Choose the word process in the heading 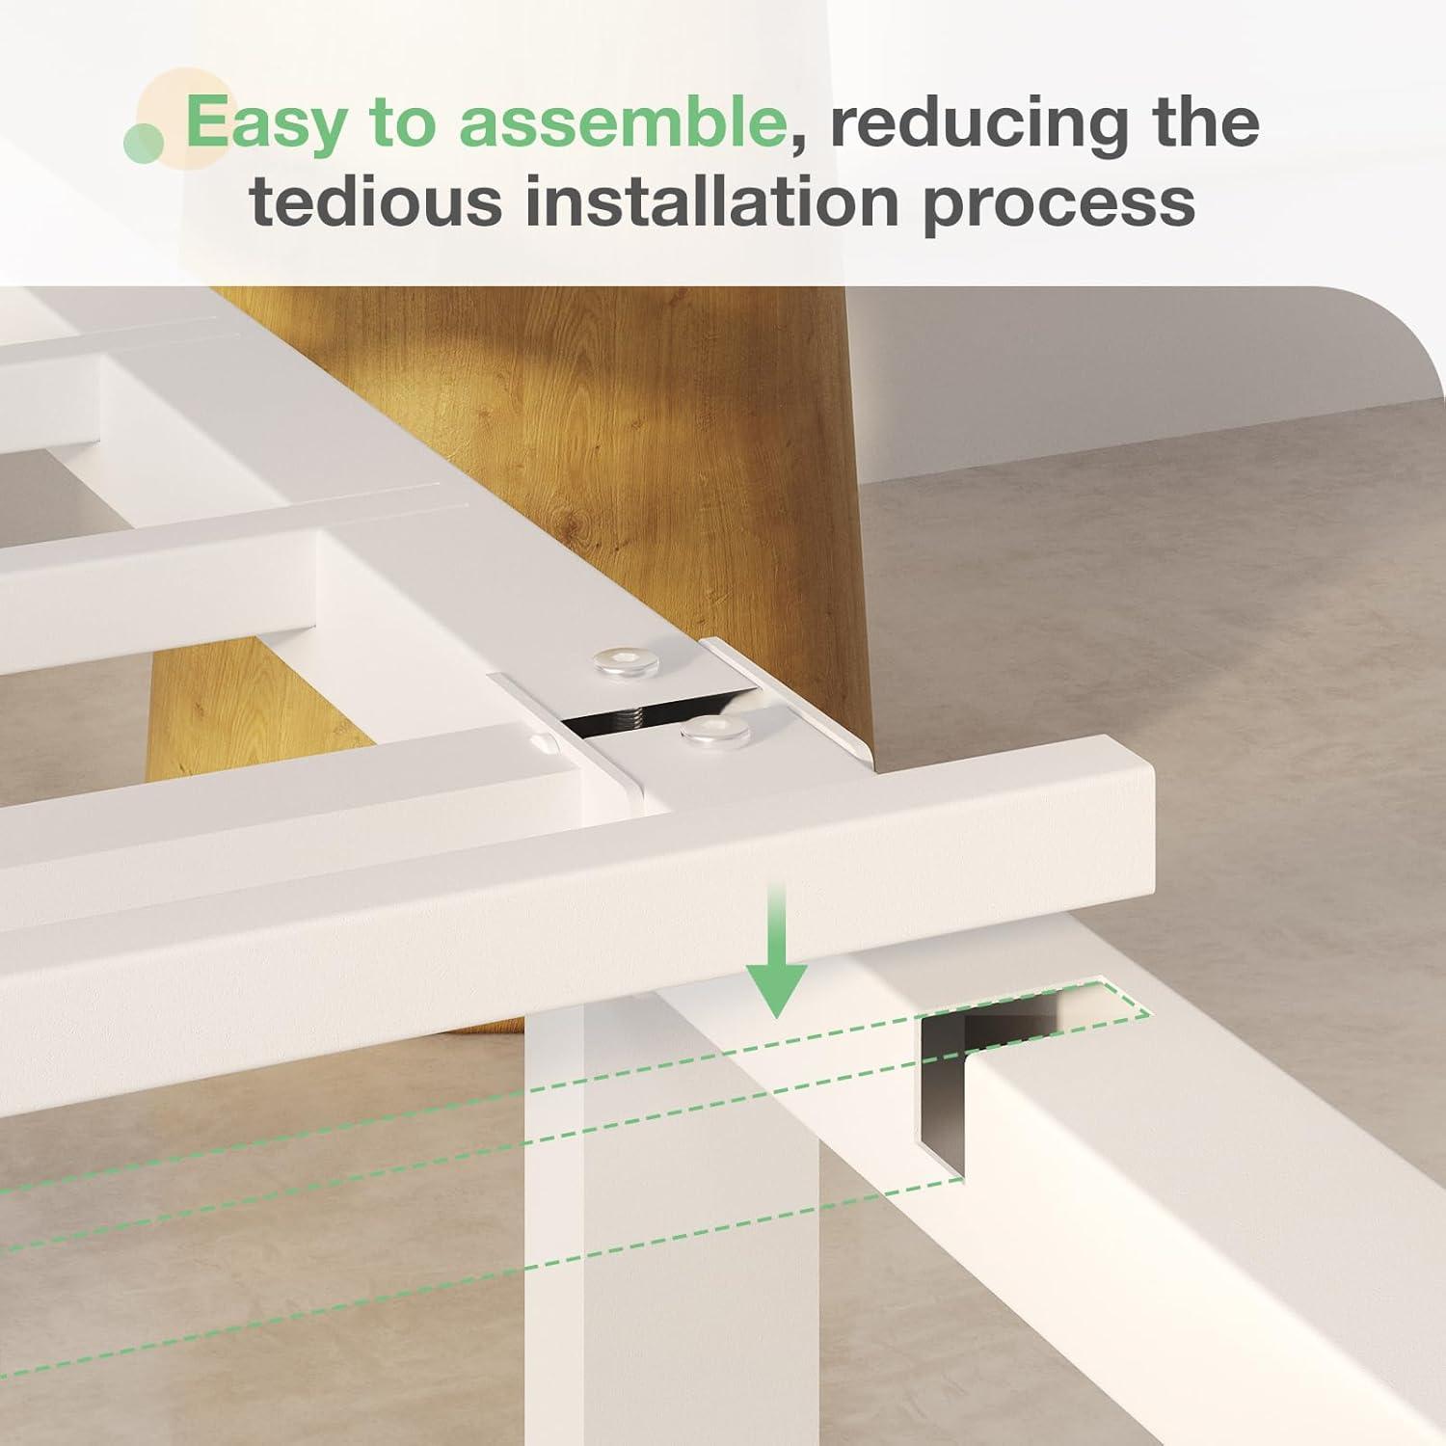click(1059, 208)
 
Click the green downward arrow click(777, 950)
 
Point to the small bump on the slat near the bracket click(544, 743)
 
